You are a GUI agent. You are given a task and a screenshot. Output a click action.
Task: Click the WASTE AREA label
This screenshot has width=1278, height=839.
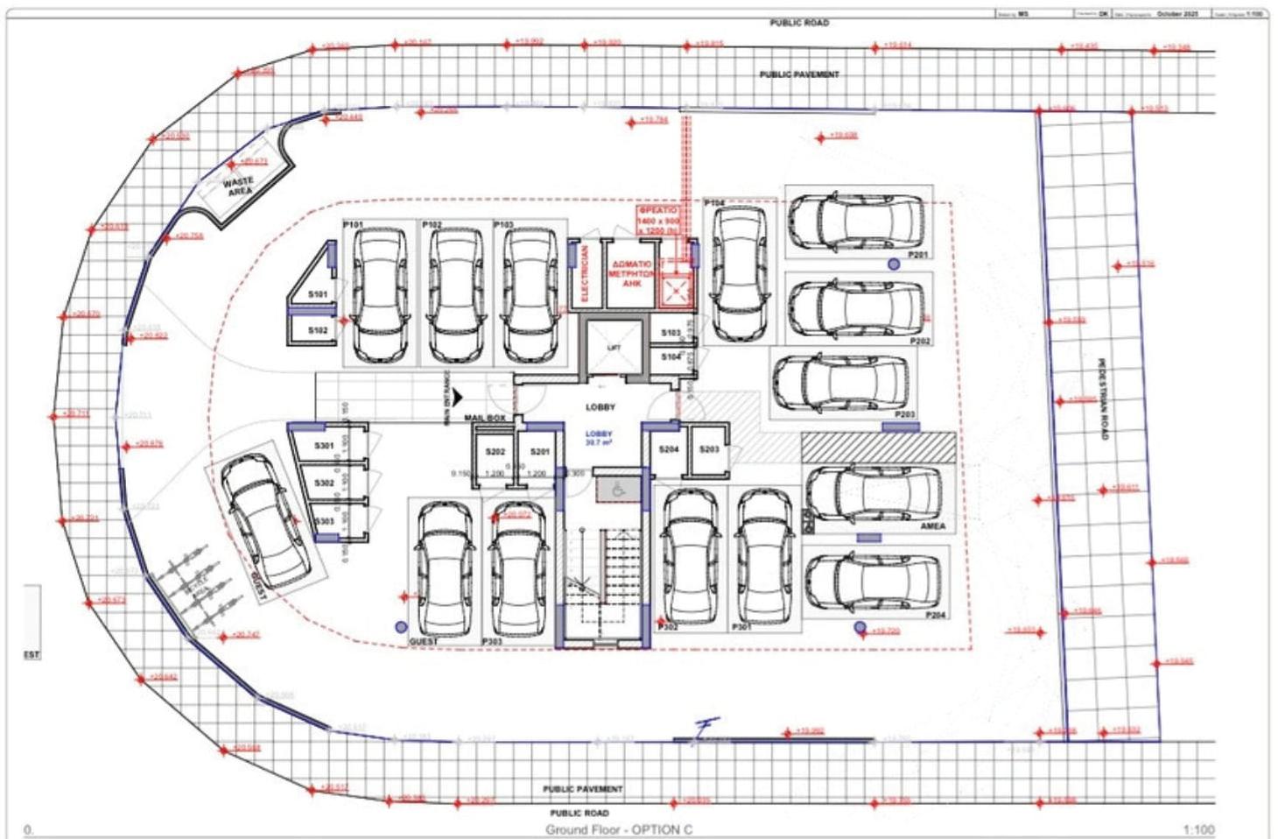(x=238, y=187)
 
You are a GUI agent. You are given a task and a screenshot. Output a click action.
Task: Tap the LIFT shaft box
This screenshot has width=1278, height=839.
(x=614, y=349)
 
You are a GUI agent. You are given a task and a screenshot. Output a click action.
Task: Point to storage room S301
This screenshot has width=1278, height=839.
(x=324, y=446)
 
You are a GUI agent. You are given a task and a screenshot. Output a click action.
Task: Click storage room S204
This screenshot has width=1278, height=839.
(x=669, y=449)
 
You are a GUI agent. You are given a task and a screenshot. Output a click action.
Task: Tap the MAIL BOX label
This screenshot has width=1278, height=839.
(x=485, y=419)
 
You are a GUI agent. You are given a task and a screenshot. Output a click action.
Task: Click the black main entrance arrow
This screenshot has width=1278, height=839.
(x=457, y=399)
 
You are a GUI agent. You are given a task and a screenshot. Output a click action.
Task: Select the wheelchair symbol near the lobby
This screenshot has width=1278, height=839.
(x=618, y=490)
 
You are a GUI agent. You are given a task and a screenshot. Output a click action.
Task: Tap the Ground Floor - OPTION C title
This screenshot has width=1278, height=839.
(x=619, y=829)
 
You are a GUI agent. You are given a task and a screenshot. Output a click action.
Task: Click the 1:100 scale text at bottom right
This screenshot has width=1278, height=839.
(x=1198, y=829)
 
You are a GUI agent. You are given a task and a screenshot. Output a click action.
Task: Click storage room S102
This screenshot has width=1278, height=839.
(x=318, y=330)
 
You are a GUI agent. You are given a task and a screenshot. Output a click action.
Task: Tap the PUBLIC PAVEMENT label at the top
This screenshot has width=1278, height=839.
(x=798, y=74)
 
